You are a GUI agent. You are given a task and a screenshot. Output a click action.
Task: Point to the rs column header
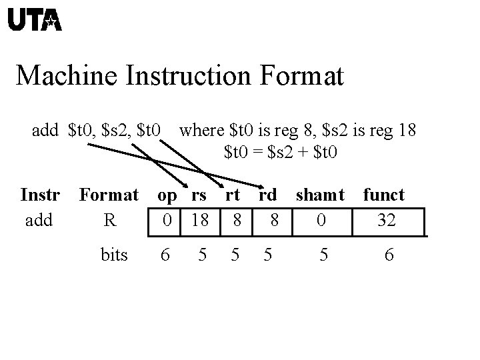(x=199, y=195)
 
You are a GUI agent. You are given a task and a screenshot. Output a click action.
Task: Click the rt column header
(x=232, y=195)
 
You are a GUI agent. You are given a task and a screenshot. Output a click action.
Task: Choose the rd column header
(x=267, y=195)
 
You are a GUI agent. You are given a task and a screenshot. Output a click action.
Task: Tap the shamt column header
(x=320, y=195)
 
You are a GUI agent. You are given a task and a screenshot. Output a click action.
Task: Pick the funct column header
(x=383, y=195)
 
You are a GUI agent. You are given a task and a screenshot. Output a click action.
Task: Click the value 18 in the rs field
(x=199, y=219)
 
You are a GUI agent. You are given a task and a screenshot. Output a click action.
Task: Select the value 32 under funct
(x=386, y=219)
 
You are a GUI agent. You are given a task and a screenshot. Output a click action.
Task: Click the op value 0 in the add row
(x=167, y=219)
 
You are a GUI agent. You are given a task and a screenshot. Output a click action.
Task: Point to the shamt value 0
(x=321, y=219)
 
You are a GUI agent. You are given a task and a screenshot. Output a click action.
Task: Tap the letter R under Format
(x=110, y=219)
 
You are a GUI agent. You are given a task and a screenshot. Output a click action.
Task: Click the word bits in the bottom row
(x=114, y=254)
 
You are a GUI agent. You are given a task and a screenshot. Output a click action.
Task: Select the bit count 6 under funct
(x=389, y=254)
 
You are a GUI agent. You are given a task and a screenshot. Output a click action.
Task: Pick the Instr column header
(x=41, y=195)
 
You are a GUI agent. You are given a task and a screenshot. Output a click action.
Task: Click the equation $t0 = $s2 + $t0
(x=281, y=152)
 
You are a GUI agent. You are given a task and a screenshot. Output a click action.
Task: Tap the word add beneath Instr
(x=39, y=219)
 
